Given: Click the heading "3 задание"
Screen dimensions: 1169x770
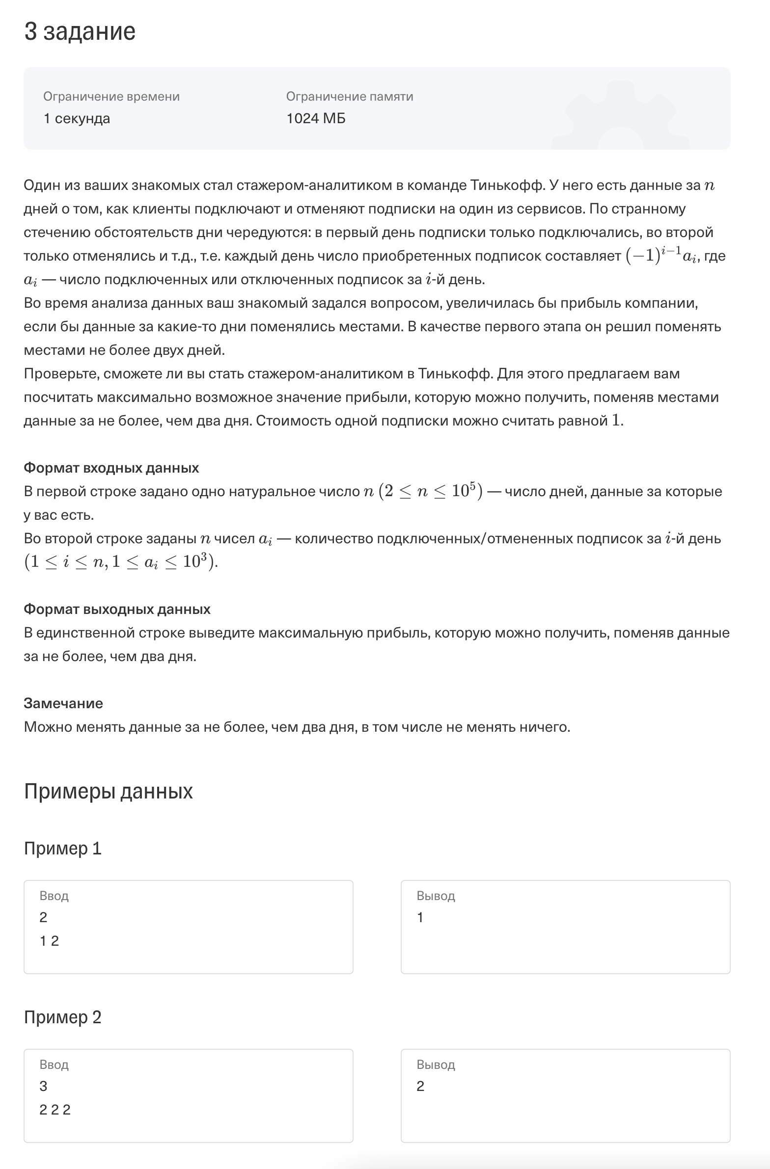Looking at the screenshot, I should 80,31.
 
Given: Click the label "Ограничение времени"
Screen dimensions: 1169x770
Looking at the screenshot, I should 111,96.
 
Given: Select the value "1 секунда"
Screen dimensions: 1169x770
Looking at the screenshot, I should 77,118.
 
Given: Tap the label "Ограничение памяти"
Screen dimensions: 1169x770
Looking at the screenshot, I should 349,96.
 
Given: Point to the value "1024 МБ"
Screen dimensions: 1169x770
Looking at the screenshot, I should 315,118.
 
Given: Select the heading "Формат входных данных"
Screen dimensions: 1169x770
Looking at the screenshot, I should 111,468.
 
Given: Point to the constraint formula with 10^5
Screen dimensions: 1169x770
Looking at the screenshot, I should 431,491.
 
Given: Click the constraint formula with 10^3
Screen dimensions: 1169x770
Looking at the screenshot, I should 120,561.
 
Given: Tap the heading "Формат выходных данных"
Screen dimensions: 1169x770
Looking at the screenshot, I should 117,609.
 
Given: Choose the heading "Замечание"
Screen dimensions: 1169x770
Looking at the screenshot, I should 63,703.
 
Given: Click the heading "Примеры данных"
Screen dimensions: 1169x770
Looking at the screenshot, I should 108,791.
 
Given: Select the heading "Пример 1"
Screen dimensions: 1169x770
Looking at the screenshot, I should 62,848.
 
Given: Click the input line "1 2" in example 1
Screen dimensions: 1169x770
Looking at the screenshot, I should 49,941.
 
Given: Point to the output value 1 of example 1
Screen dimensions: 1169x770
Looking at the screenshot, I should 420,917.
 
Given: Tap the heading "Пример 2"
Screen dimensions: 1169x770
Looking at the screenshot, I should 62,1017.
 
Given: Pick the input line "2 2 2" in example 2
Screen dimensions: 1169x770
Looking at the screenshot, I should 55,1110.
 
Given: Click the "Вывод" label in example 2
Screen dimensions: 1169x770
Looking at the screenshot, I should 436,1064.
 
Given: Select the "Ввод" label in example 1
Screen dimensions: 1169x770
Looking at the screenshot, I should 54,896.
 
